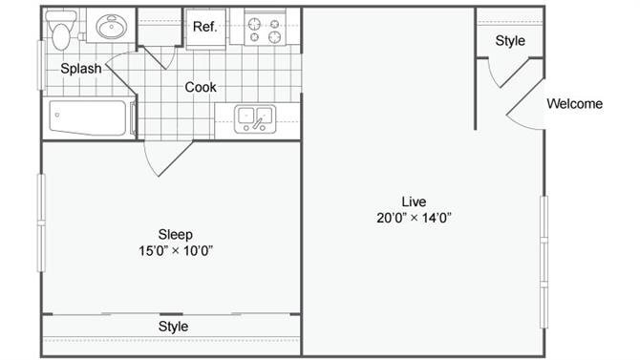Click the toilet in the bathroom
pyautogui.click(x=61, y=30)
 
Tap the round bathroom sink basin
pyautogui.click(x=111, y=27)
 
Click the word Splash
pyautogui.click(x=81, y=68)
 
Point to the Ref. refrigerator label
pyautogui.click(x=204, y=27)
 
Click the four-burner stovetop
pyautogui.click(x=265, y=31)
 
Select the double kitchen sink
pyautogui.click(x=255, y=118)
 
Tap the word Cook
pyautogui.click(x=201, y=87)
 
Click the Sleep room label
pyautogui.click(x=176, y=234)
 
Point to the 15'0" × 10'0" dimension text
pyautogui.click(x=176, y=250)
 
